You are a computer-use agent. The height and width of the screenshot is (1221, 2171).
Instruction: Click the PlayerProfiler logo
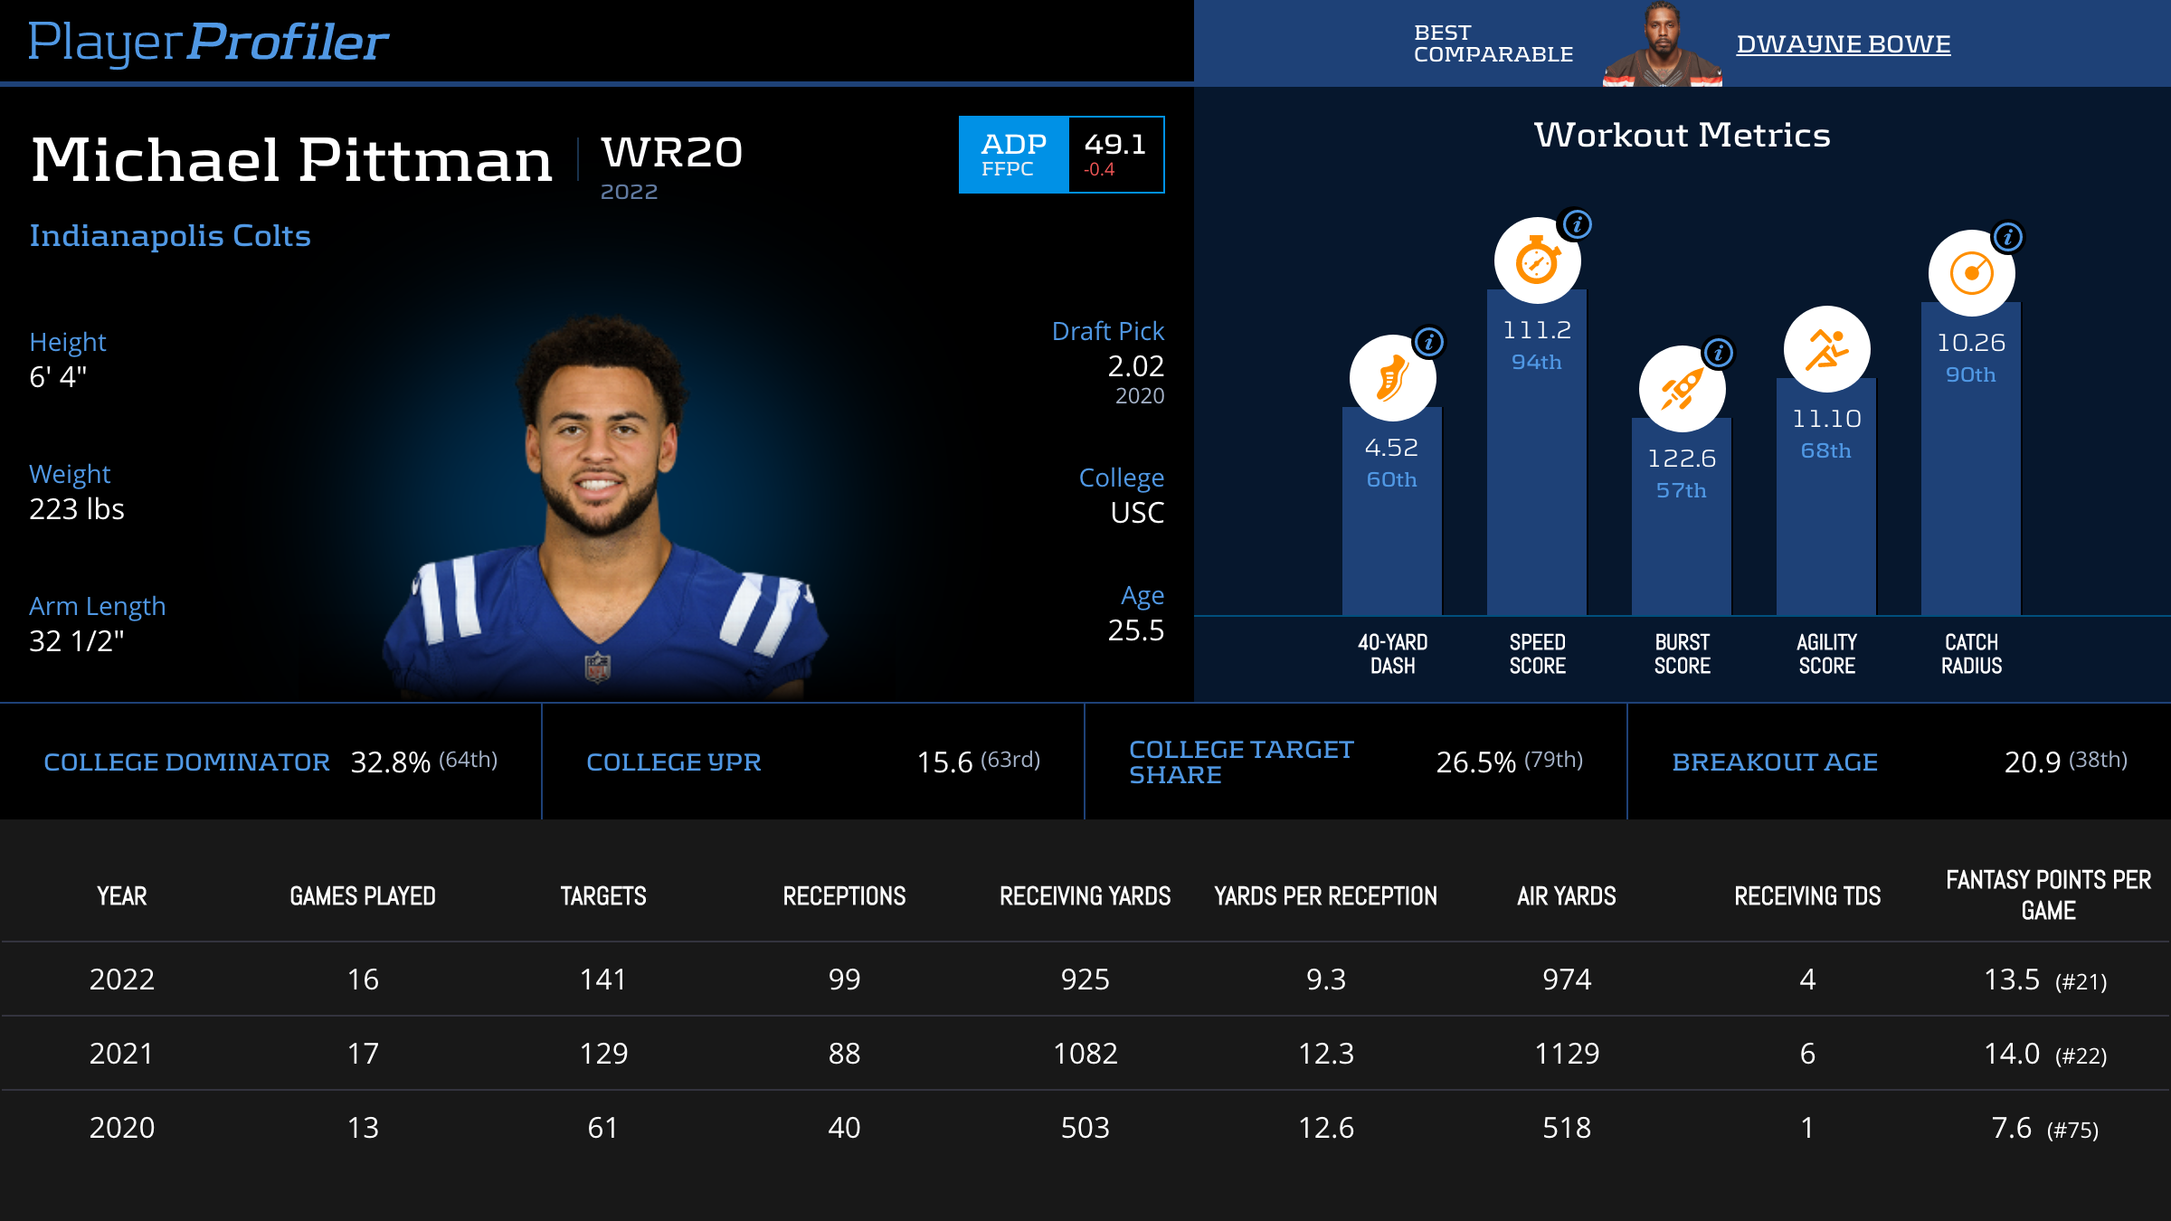208,43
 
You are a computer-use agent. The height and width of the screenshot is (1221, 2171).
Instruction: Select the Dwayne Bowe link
1843,44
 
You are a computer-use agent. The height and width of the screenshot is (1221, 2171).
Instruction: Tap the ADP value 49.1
1115,145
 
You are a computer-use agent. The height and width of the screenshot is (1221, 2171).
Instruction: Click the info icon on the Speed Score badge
1577,224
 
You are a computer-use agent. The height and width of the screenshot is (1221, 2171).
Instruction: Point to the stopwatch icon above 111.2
1537,261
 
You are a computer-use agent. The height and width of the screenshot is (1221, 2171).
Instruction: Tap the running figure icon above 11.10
1826,350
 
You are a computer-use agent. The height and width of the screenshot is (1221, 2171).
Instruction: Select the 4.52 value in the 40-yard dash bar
1391,448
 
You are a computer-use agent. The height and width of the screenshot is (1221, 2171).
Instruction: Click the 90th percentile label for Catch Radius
1970,374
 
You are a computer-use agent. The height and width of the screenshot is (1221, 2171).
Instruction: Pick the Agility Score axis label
1826,654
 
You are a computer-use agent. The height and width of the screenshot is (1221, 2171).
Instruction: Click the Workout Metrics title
1682,136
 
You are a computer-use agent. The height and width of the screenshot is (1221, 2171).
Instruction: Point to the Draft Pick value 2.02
1135,366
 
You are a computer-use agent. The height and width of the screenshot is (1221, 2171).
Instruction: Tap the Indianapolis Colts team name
170,236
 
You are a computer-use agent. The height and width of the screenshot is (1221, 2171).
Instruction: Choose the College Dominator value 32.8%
390,762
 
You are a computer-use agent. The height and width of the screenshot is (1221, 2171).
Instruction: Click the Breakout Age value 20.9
2032,762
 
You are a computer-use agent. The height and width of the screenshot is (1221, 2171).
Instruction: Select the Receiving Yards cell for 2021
1085,1054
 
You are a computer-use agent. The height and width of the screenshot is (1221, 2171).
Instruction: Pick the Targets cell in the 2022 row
602,980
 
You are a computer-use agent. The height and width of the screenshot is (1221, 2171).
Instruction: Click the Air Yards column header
1566,896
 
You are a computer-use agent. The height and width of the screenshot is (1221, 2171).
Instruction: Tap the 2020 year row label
122,1128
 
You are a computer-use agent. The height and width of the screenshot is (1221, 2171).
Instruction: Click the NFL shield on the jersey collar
597,667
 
